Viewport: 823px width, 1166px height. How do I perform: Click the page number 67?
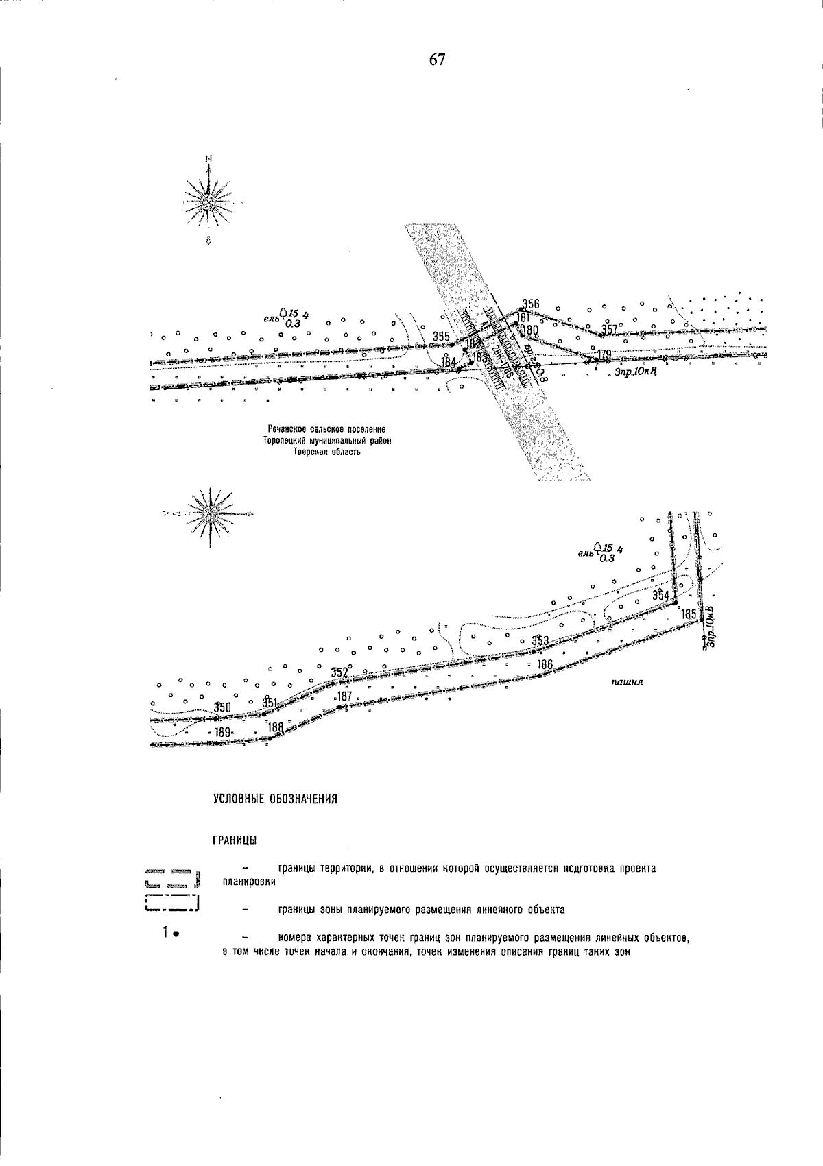click(438, 60)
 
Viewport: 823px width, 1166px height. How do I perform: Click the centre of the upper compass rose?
click(208, 201)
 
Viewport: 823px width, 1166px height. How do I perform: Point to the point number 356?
click(531, 304)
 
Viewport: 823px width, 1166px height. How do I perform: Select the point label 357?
click(610, 330)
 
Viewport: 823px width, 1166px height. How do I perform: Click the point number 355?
click(441, 336)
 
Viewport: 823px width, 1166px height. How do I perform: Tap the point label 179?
click(604, 354)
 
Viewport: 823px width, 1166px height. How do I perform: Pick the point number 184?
click(449, 361)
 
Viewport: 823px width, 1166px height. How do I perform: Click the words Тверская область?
click(327, 452)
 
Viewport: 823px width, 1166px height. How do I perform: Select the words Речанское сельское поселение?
click(327, 430)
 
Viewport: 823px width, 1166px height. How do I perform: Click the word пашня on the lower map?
click(625, 683)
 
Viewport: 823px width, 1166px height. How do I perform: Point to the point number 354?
click(660, 594)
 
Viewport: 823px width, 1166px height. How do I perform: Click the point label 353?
click(540, 641)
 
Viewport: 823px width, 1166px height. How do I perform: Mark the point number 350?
click(222, 707)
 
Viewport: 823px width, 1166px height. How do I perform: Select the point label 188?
click(276, 727)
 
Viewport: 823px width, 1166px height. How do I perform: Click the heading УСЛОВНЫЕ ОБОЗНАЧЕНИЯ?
click(276, 799)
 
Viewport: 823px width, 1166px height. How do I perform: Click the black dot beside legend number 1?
click(176, 933)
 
